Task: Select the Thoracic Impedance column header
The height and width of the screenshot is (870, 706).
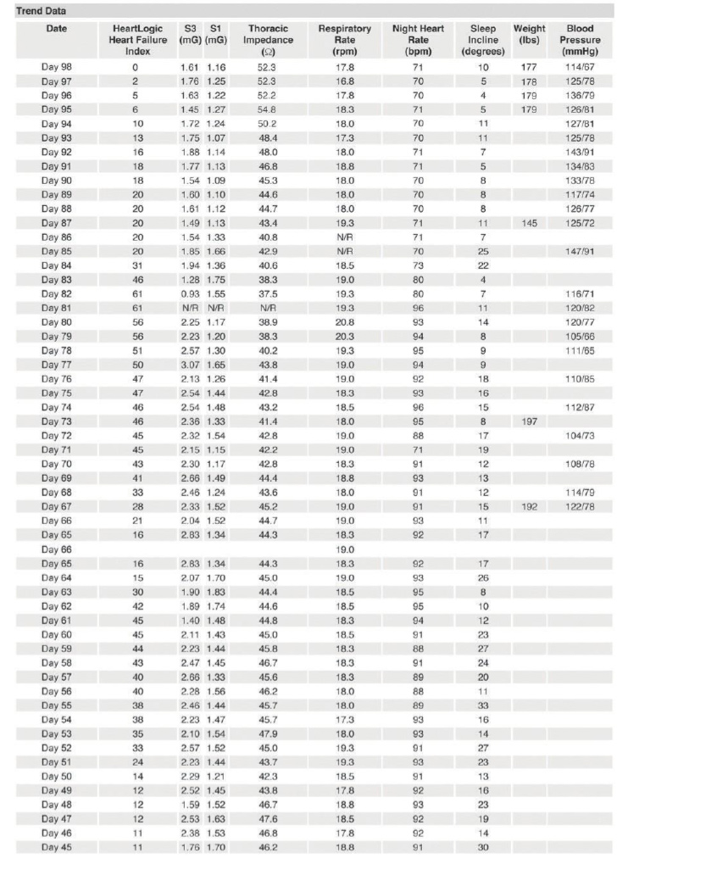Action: (268, 40)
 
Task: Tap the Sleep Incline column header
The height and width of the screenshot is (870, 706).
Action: (483, 40)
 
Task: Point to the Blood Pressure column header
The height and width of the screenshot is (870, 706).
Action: (581, 40)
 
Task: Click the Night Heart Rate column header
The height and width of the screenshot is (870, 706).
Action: (418, 40)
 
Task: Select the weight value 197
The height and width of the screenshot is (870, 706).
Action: (529, 421)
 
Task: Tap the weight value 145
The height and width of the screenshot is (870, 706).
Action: (529, 222)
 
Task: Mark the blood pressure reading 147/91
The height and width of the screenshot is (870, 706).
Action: (581, 251)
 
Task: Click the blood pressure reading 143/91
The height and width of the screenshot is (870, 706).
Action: (581, 152)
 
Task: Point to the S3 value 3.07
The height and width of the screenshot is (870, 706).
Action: (188, 365)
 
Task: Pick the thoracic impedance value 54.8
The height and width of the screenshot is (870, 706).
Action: (268, 109)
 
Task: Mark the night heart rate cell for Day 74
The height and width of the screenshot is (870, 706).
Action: (418, 407)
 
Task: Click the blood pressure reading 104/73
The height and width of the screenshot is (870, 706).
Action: (581, 436)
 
